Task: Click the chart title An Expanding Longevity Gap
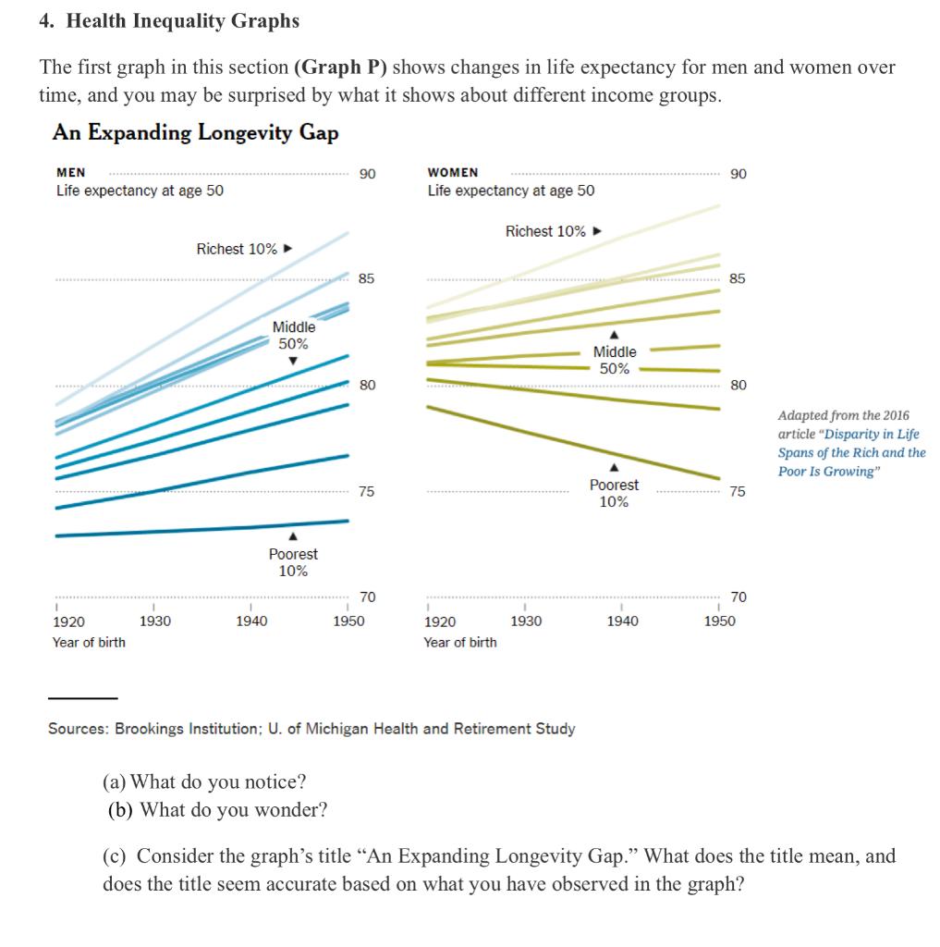(195, 132)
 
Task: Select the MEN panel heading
(71, 173)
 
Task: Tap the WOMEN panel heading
(453, 173)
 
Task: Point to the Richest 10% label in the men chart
(237, 249)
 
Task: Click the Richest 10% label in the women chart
(545, 231)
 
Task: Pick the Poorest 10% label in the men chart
(293, 562)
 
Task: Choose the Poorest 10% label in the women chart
(614, 493)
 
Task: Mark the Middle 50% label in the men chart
(294, 335)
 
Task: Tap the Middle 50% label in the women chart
(615, 360)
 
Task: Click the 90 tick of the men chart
(367, 173)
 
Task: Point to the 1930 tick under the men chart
(154, 621)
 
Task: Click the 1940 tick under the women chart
(622, 621)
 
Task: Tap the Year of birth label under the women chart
(460, 642)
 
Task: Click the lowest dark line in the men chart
(203, 529)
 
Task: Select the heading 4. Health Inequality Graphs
(169, 20)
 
